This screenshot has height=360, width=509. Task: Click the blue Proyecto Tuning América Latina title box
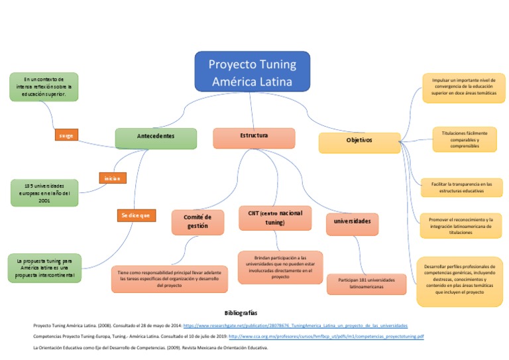(252, 71)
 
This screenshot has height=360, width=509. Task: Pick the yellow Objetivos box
(359, 142)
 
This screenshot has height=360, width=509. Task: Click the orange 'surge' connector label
(66, 135)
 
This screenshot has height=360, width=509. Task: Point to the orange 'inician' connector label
(111, 178)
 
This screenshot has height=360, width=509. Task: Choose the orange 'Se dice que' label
(136, 215)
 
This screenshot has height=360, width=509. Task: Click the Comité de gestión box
(198, 222)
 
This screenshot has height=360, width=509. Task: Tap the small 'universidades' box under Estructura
(353, 222)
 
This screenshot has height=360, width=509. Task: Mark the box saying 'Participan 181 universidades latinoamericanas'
(367, 284)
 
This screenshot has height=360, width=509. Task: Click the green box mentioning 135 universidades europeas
(45, 192)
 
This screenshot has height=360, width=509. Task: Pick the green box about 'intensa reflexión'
(44, 87)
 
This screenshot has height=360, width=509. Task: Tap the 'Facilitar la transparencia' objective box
(461, 187)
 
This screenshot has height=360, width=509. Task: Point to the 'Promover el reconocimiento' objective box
(461, 226)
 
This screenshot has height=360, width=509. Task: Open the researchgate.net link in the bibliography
(295, 326)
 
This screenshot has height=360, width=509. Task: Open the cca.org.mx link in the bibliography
(326, 337)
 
